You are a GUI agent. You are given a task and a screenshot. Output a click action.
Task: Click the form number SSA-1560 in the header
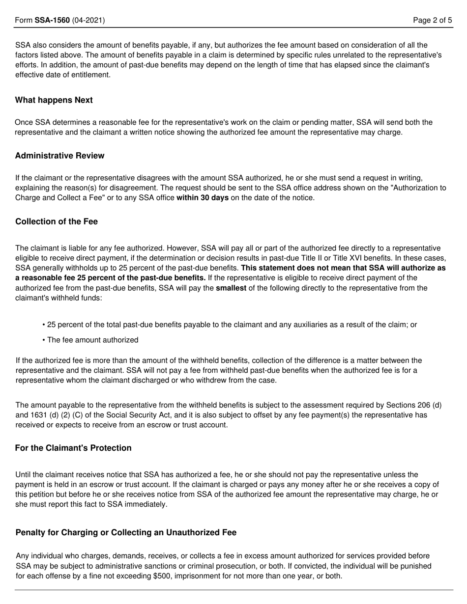52,20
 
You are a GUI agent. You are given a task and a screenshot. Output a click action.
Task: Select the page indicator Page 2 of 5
432,20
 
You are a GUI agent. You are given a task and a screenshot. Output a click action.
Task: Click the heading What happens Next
54,100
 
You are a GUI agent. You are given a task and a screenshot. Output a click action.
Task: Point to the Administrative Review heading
59,156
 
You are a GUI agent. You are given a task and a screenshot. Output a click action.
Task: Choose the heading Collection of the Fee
57,221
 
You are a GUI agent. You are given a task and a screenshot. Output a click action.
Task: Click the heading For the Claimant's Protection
73,448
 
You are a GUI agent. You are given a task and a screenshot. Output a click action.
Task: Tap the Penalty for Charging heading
126,532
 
